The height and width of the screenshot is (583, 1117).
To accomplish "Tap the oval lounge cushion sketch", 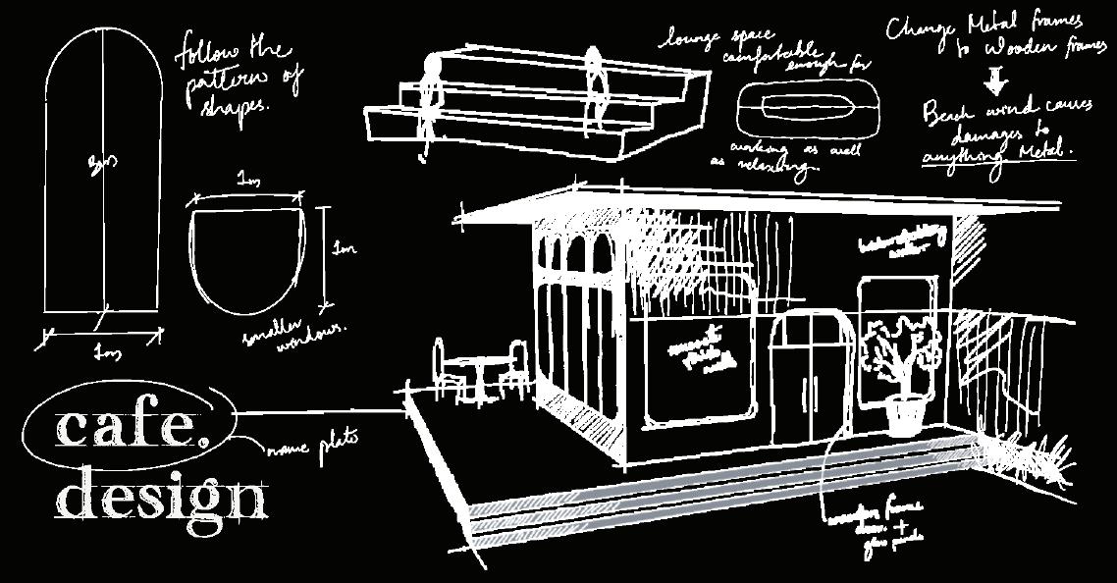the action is [809, 106].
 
